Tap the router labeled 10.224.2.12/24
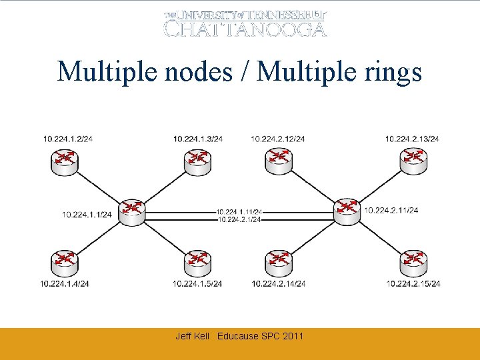(x=279, y=159)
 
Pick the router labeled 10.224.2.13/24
(x=413, y=159)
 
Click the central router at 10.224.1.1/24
(x=133, y=210)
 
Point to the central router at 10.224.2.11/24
(x=347, y=210)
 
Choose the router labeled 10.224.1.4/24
(x=64, y=261)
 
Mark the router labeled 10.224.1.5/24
(x=198, y=261)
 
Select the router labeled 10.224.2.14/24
(x=279, y=261)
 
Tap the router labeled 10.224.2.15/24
(x=413, y=261)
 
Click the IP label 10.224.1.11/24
(x=239, y=212)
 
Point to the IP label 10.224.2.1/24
(x=239, y=219)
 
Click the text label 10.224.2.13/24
(x=412, y=139)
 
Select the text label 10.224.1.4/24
(x=65, y=283)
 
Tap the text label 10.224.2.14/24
(x=279, y=283)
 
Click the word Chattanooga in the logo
(x=245, y=28)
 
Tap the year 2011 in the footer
(x=293, y=336)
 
